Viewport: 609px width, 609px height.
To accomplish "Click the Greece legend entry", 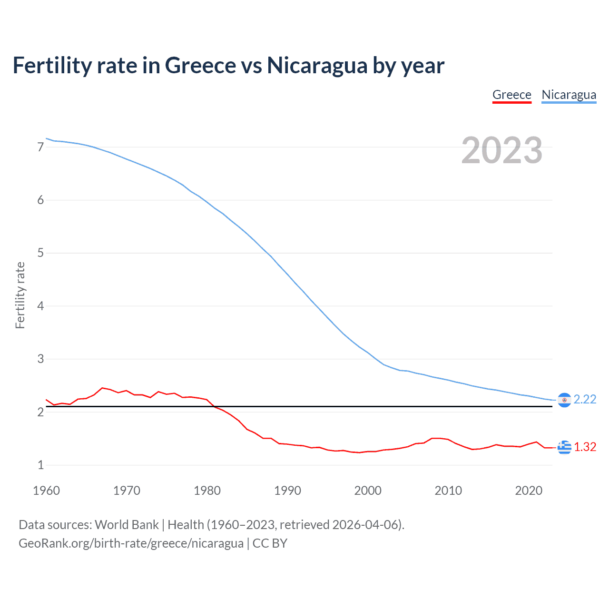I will (511, 95).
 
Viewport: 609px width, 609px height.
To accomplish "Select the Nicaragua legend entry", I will (569, 95).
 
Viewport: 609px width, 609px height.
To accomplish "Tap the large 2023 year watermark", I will (502, 150).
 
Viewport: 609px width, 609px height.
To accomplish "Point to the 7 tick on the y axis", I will (40, 147).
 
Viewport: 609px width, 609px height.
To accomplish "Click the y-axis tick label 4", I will (40, 306).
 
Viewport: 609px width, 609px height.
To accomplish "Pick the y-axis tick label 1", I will (40, 465).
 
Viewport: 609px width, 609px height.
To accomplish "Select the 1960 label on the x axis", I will (46, 491).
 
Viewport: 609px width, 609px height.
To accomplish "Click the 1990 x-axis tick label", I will (287, 491).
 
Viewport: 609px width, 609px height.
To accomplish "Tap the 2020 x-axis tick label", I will (529, 491).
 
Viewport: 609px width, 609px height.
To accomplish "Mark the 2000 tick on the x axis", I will (368, 491).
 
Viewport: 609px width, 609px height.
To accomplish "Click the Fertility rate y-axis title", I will (20, 295).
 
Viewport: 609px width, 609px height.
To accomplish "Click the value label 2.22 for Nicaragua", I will (585, 400).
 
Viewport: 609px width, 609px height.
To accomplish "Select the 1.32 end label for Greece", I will (585, 447).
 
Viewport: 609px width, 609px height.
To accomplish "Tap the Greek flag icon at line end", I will (564, 447).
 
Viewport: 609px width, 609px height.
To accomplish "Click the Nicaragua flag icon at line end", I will (564, 400).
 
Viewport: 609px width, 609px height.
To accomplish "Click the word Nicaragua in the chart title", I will (317, 65).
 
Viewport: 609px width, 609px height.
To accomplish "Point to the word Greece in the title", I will (200, 65).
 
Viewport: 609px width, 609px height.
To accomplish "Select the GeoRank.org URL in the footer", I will (131, 543).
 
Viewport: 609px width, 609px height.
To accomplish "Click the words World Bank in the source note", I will (127, 525).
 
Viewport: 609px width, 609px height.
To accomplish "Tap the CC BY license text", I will (270, 543).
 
